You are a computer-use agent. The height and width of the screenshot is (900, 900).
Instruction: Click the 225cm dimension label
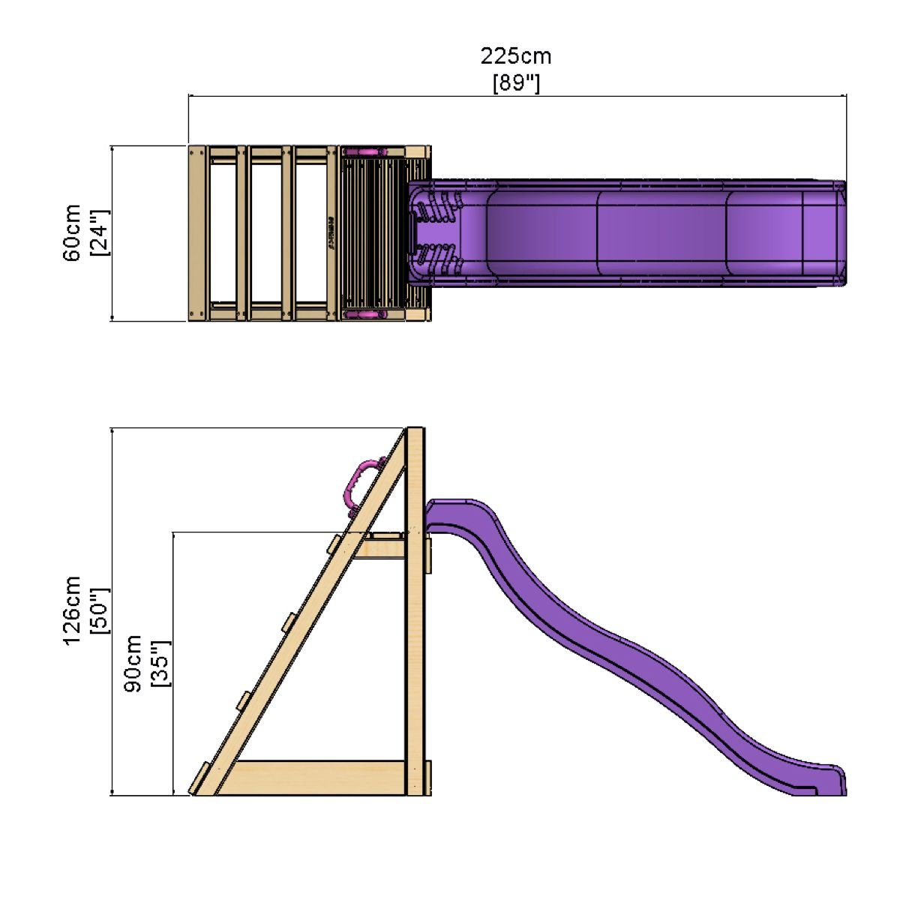[x=515, y=56]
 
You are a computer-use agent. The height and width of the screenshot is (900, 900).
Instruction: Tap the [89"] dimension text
[x=516, y=82]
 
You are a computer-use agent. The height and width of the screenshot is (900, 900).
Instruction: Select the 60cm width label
[x=73, y=232]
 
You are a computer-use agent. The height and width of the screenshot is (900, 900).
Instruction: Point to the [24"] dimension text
[x=100, y=232]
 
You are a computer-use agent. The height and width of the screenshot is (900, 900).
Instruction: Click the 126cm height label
[x=73, y=610]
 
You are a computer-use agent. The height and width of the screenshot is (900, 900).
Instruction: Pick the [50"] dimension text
[x=100, y=610]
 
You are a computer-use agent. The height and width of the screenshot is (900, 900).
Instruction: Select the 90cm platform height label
[x=133, y=664]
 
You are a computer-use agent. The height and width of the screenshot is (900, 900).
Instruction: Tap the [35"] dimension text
[x=161, y=664]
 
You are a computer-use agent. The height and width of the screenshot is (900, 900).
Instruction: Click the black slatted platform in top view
[x=373, y=232]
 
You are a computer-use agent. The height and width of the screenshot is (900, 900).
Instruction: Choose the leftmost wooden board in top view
[x=196, y=232]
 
